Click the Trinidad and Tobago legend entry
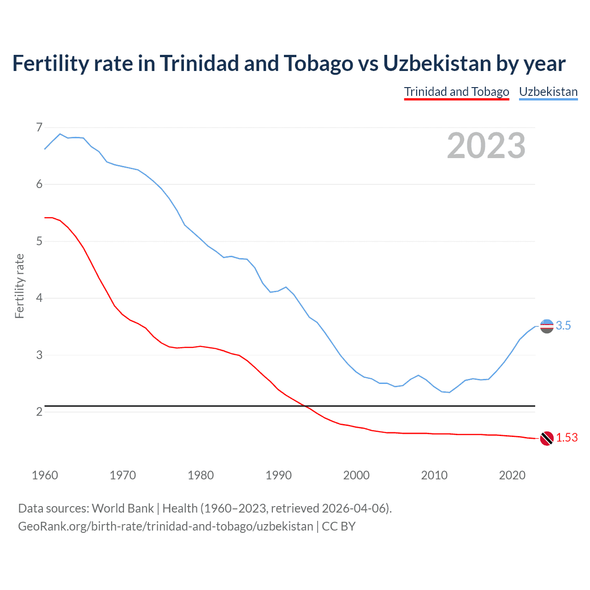click(x=456, y=92)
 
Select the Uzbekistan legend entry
click(x=548, y=92)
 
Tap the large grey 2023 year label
click(x=486, y=146)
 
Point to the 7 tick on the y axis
click(x=39, y=127)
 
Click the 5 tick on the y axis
click(x=39, y=241)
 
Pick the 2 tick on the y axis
click(x=39, y=412)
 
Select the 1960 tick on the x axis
click(x=45, y=475)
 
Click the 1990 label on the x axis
click(x=278, y=475)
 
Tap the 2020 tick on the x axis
click(x=512, y=475)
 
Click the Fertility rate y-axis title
click(x=19, y=286)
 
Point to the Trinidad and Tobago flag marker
click(x=547, y=438)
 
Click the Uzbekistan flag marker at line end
click(x=547, y=326)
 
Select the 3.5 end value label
click(x=563, y=326)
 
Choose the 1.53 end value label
click(x=566, y=438)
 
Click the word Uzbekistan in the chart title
click(x=437, y=63)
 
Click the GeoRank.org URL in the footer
click(x=165, y=526)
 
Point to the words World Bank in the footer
click(x=123, y=508)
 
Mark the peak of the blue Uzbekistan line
click(x=60, y=134)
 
